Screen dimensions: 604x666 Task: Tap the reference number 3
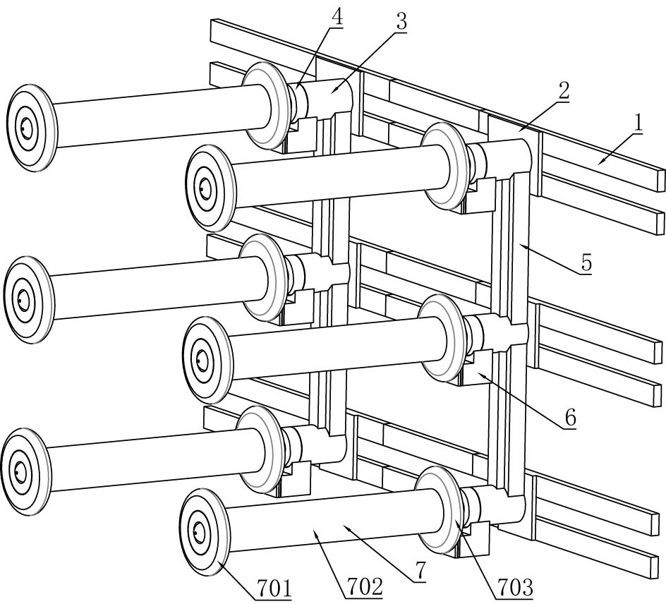pos(401,22)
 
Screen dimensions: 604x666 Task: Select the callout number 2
pos(562,90)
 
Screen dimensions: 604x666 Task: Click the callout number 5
pos(586,263)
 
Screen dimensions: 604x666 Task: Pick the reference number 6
pos(569,417)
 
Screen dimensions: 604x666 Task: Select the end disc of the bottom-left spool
pos(25,470)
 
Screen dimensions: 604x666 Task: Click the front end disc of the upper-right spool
pos(209,188)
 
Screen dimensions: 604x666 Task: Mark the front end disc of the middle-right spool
pos(206,360)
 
